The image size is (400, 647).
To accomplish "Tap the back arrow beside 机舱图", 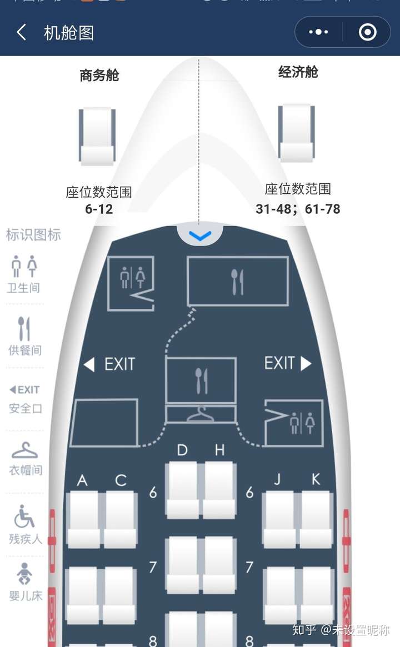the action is [22, 33].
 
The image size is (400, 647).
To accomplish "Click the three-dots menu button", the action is [318, 33].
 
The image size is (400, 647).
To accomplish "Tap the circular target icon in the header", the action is [367, 33].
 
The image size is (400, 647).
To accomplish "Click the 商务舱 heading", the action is [99, 76].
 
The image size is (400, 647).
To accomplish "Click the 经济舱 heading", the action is [298, 72].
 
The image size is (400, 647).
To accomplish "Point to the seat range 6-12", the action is [99, 209].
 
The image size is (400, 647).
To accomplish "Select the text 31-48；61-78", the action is [298, 209].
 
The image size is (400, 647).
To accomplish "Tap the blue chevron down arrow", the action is [200, 237].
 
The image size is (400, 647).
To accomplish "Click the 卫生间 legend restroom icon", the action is [24, 267].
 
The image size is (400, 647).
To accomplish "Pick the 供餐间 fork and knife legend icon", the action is [24, 329].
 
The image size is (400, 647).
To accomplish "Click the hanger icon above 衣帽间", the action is [24, 450].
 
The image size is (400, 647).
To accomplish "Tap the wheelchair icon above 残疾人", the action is [24, 516].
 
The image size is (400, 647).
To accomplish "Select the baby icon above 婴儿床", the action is [24, 574].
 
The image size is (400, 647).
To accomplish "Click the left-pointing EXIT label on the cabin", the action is [109, 364].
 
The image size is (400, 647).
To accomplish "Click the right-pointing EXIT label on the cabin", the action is [287, 363].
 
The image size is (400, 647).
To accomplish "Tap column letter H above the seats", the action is [219, 450].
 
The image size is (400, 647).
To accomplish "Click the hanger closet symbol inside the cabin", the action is [201, 414].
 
